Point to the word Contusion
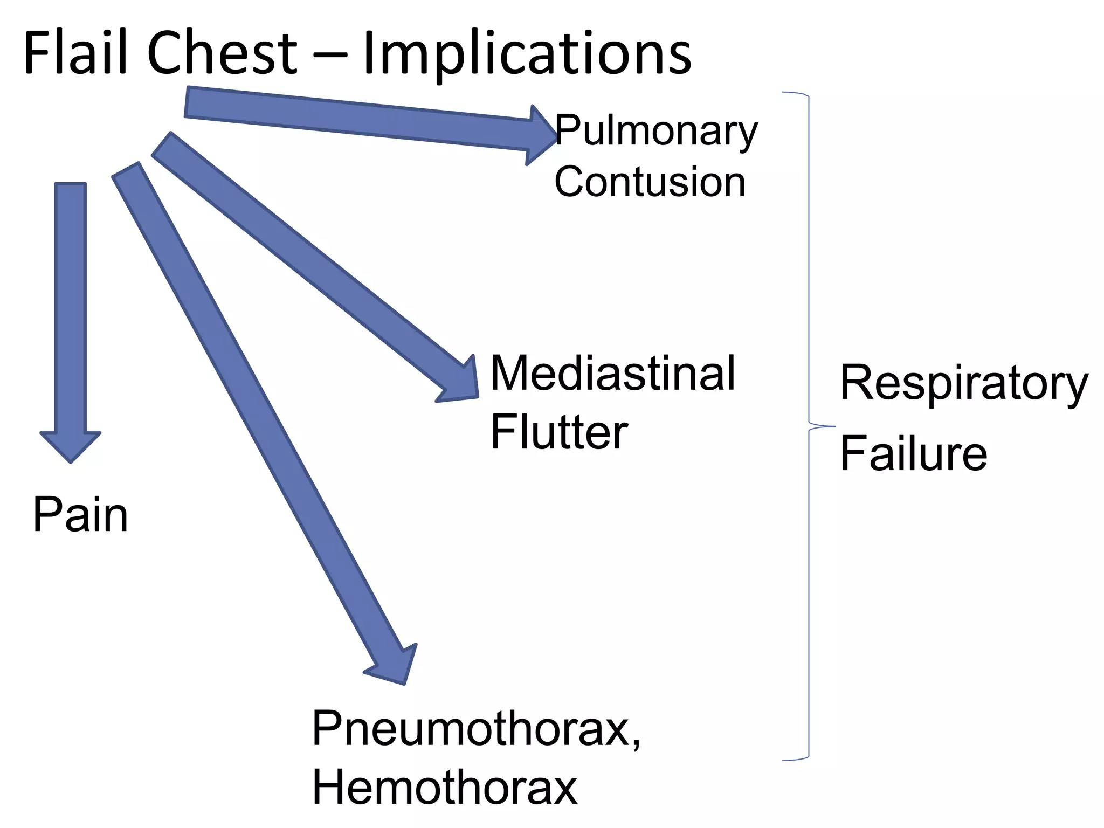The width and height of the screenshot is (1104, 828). click(x=650, y=182)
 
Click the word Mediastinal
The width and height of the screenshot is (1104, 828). click(x=612, y=373)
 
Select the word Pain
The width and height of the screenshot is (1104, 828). click(x=80, y=515)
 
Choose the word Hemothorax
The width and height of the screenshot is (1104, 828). click(x=445, y=788)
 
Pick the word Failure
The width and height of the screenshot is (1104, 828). click(x=914, y=454)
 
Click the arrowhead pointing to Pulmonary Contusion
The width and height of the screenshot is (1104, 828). click(x=541, y=135)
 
